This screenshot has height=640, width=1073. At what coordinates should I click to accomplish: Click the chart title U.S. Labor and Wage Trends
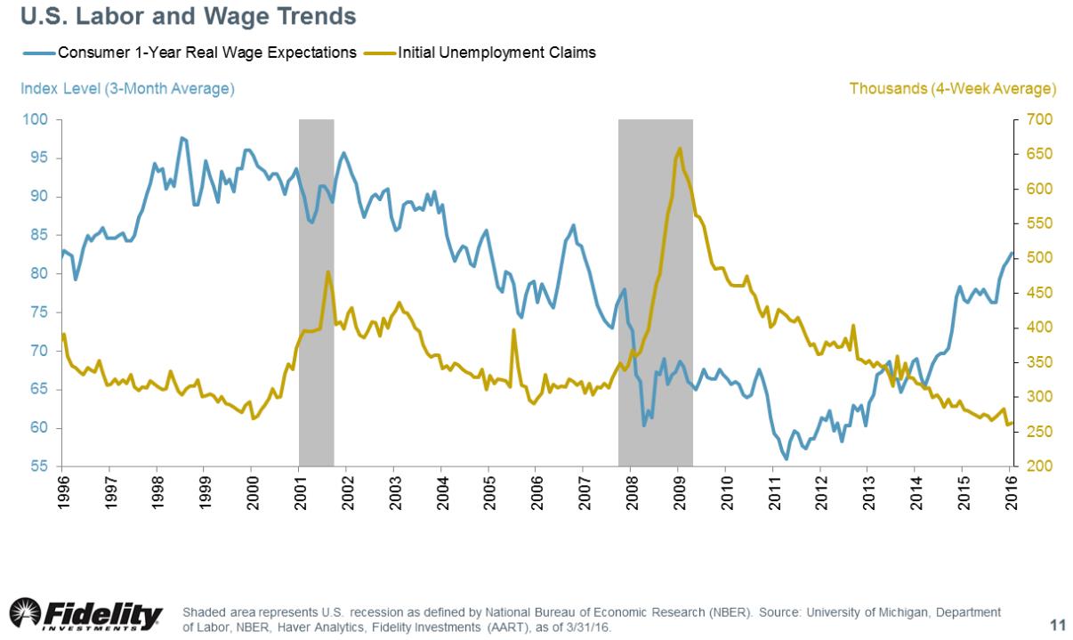(182, 17)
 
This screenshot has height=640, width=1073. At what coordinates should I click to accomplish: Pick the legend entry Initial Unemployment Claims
(503, 53)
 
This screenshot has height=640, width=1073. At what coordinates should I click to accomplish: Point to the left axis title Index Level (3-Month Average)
(126, 89)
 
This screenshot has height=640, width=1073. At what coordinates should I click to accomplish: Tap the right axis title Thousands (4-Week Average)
(952, 89)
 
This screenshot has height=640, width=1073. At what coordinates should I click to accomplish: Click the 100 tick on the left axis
(41, 120)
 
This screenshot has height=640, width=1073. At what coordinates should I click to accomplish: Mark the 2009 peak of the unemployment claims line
(680, 149)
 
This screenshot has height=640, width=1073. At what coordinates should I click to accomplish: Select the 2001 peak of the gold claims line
(328, 271)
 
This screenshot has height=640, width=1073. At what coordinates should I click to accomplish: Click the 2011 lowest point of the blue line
(787, 459)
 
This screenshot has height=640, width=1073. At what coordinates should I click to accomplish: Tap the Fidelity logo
(86, 615)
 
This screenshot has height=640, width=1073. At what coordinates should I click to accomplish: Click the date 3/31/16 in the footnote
(588, 628)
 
